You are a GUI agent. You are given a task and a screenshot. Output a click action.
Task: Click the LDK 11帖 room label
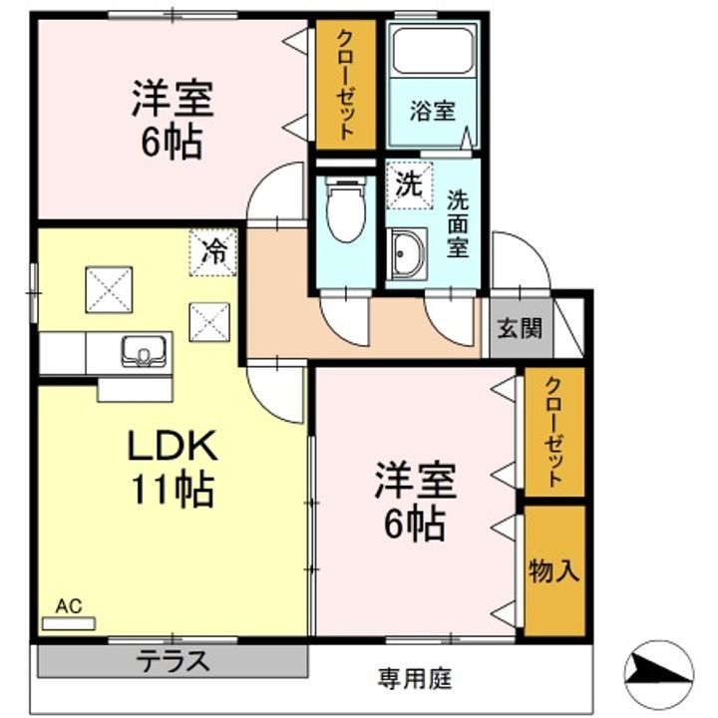[x=171, y=467]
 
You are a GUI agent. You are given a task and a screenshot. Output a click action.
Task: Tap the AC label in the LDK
[x=68, y=605]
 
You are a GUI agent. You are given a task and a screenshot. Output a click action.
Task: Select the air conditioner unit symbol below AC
[x=68, y=623]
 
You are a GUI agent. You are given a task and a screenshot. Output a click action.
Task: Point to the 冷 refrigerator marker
[x=212, y=249]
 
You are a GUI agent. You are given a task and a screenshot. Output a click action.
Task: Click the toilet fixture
[x=346, y=209]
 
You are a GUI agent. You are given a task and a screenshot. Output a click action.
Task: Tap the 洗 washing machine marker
[x=408, y=183]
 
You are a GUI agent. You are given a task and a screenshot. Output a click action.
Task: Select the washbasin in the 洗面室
[x=407, y=254]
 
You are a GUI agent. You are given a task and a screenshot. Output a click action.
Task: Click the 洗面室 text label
[x=458, y=224]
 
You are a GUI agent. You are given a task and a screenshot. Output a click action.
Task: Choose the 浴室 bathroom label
[x=432, y=111]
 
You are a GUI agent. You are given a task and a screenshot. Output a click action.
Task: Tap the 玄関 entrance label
[x=520, y=327]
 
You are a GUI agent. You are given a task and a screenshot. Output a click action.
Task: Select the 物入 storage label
[x=553, y=570]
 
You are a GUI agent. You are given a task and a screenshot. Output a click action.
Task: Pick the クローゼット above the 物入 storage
[x=554, y=433]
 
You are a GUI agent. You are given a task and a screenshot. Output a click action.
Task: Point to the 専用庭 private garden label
[x=413, y=680]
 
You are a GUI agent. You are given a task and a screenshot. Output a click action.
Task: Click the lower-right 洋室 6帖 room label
[x=414, y=502]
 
